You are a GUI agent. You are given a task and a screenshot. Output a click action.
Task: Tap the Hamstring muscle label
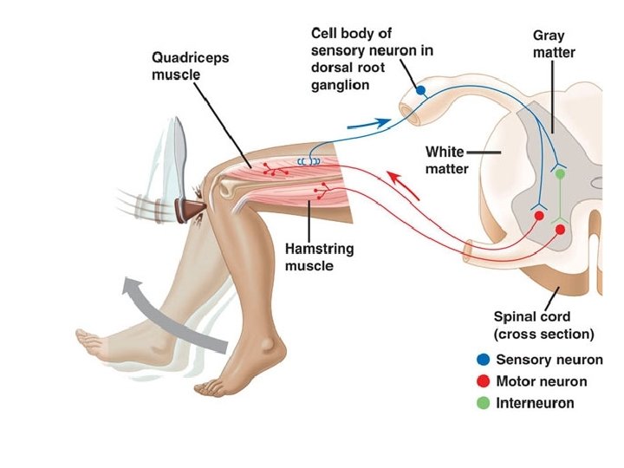tap(318, 257)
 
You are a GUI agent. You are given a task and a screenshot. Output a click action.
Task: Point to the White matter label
tap(446, 159)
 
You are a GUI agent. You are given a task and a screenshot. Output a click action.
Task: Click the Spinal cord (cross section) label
tap(543, 325)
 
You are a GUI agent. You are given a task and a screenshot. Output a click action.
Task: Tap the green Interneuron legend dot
tap(483, 403)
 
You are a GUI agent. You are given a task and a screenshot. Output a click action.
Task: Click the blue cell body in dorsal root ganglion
tap(420, 89)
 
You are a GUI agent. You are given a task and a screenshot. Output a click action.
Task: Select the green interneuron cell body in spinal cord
tap(560, 174)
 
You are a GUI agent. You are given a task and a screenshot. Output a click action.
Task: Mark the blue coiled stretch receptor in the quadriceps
tap(309, 161)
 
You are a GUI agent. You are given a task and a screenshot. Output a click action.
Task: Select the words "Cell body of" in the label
tap(348, 33)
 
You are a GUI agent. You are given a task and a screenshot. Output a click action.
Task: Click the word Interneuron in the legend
tap(535, 403)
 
